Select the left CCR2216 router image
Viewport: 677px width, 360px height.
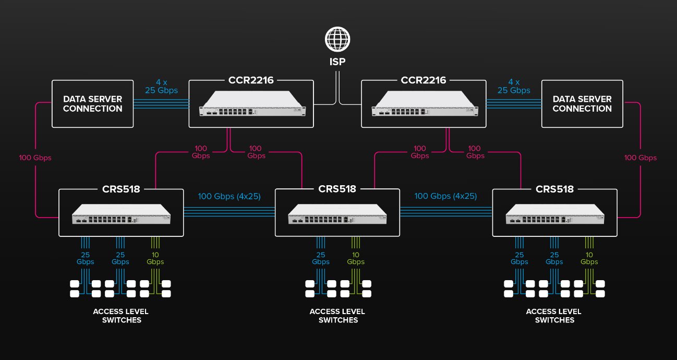point(251,103)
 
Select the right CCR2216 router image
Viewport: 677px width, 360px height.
point(424,103)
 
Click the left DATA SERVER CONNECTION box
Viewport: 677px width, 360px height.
point(93,104)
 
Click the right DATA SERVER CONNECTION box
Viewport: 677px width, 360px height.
point(582,104)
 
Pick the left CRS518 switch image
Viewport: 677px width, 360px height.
point(121,214)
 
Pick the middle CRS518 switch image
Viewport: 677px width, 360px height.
point(337,214)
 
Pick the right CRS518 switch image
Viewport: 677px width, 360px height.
point(555,214)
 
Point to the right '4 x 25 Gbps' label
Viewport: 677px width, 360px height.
point(514,86)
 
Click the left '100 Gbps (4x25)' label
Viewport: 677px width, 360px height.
point(229,197)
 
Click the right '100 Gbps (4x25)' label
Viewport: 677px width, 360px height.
point(446,197)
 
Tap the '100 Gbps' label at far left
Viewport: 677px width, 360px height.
point(35,158)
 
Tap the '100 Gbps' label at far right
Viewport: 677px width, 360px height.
point(640,158)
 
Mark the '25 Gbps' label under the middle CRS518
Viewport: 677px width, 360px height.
point(320,258)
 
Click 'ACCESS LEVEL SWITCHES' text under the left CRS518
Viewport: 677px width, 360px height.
point(120,316)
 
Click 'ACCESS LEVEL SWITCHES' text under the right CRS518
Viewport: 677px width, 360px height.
point(554,316)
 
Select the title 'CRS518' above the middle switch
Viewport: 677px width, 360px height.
point(337,189)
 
